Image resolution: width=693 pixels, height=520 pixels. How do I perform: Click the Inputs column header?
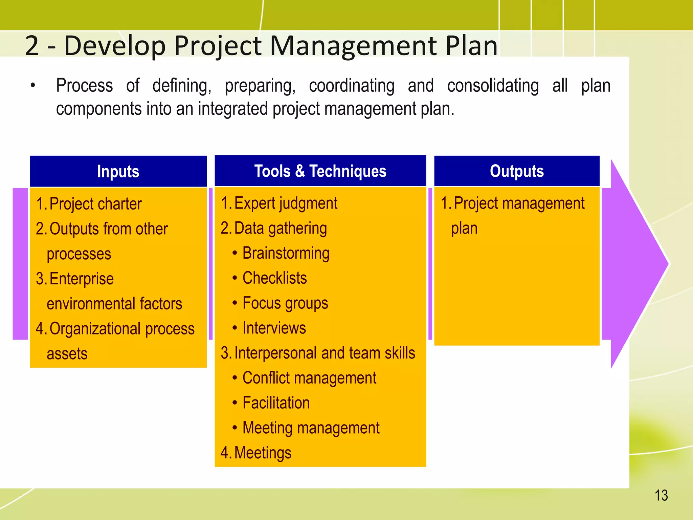point(118,171)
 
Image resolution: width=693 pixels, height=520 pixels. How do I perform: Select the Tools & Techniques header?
point(320,171)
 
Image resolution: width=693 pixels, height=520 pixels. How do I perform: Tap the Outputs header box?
point(517,171)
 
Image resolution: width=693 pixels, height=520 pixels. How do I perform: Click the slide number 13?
point(661,495)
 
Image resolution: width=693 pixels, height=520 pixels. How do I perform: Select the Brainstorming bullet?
point(286,253)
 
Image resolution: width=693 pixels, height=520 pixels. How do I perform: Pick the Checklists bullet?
point(274,278)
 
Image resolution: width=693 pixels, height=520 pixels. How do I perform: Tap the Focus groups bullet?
point(285,303)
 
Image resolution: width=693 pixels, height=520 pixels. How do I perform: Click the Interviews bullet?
point(274,328)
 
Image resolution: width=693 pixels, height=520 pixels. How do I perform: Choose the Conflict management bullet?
point(309,378)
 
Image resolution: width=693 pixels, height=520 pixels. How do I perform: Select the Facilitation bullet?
point(276,403)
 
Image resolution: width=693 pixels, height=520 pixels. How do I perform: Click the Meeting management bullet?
point(311,428)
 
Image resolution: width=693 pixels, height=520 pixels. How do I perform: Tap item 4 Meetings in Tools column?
point(262,453)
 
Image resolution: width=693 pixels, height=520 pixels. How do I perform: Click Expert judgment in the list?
point(285,203)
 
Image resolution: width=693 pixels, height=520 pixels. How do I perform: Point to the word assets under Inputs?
point(67,354)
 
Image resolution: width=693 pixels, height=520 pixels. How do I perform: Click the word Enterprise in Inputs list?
point(82,279)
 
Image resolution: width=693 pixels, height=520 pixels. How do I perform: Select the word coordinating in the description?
point(352,86)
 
